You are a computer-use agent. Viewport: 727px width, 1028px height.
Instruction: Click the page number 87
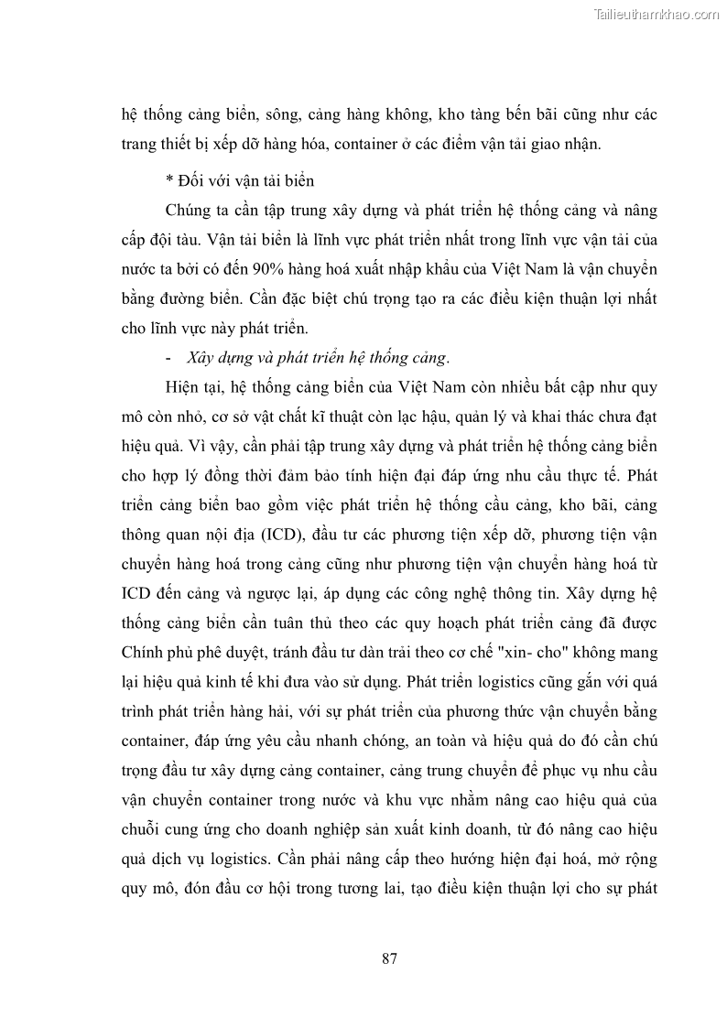coord(388,958)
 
